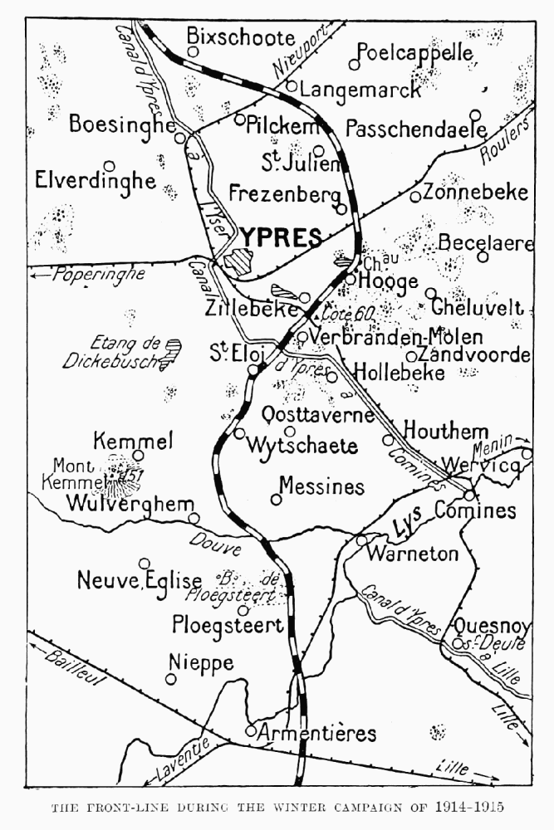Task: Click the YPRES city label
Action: click(281, 237)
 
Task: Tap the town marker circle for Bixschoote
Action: click(193, 51)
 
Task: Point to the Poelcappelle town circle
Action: click(354, 64)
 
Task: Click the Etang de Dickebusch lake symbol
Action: click(172, 353)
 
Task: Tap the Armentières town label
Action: click(316, 734)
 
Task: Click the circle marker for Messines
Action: click(276, 499)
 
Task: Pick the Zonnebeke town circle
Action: click(415, 197)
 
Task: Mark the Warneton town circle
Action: click(361, 539)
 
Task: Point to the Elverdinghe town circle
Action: click(109, 166)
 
